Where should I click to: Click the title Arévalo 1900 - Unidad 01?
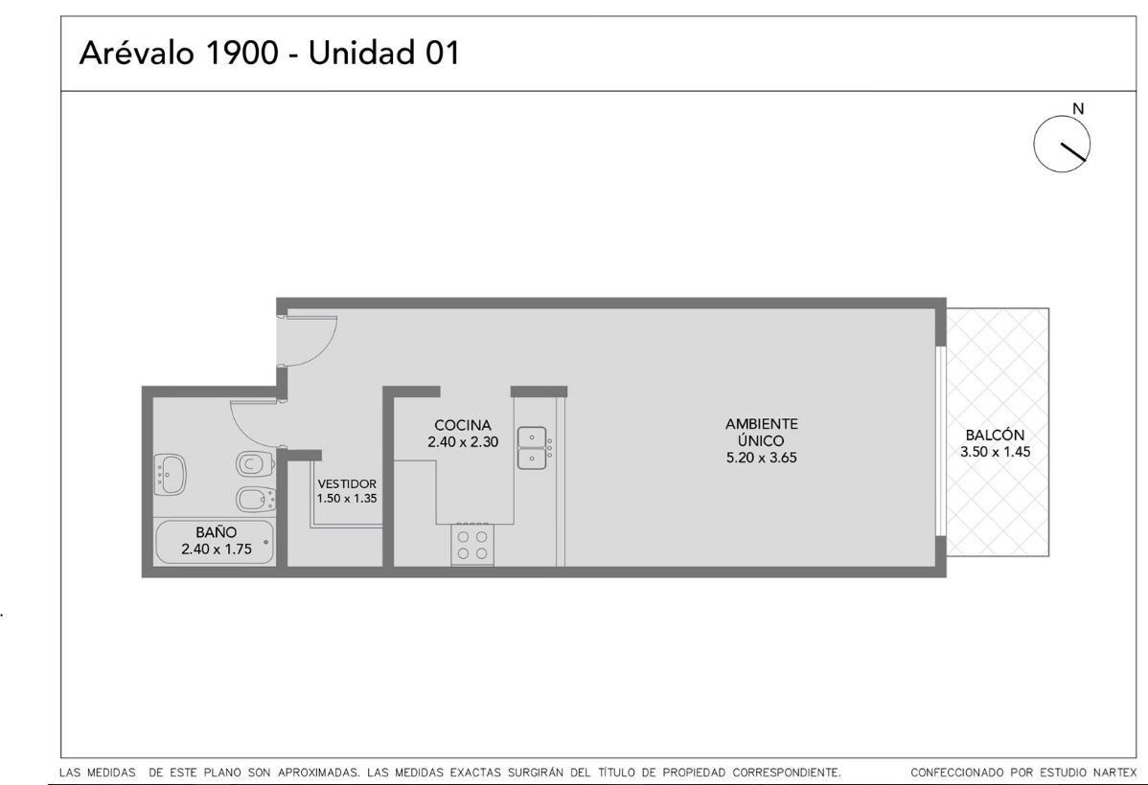coord(269,53)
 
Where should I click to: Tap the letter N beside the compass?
coord(1078,109)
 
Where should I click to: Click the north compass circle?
coord(1062,145)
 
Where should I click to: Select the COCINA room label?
coord(463,425)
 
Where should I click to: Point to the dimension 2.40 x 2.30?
coord(463,442)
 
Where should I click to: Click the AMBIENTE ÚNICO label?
coord(762,433)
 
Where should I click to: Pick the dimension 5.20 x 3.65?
coord(762,458)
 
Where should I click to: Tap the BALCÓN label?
coord(995,435)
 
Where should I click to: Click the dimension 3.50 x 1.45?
coord(995,452)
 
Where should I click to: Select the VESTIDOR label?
coord(347,483)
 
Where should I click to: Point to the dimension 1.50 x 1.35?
coord(347,498)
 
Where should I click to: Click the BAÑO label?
coord(216,532)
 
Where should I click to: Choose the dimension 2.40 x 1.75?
coord(216,549)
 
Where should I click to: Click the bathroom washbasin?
coord(170,474)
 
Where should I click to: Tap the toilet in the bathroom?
coord(256,464)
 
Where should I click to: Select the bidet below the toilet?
coord(256,499)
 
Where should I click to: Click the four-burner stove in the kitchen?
coord(472,545)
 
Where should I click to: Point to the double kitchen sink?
coord(533,448)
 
